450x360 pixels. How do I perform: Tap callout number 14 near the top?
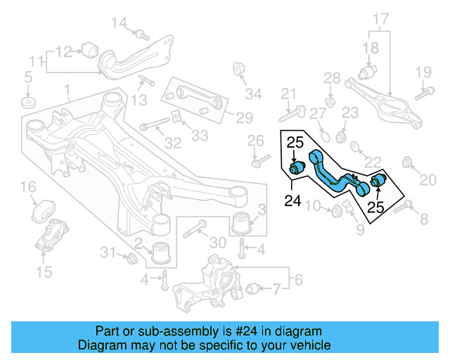(x=121, y=24)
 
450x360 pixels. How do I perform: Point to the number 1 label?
(x=68, y=90)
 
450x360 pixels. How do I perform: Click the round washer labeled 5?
(x=28, y=103)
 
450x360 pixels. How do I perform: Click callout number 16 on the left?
(x=27, y=186)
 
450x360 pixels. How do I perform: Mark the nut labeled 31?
(x=131, y=258)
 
